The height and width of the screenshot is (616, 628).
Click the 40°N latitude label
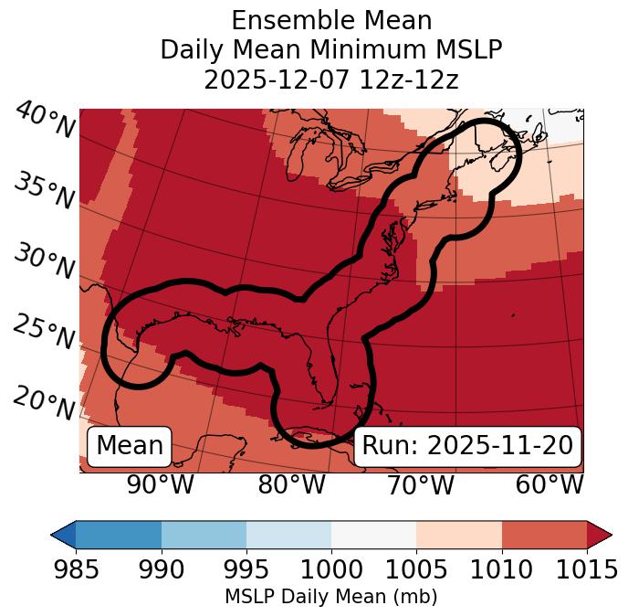pos(43,121)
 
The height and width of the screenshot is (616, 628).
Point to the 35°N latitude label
pos(43,191)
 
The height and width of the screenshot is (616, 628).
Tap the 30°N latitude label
pos(43,262)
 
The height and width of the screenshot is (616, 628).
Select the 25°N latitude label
pos(43,333)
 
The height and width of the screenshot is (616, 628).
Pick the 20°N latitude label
pos(43,402)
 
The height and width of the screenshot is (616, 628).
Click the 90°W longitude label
pos(161,485)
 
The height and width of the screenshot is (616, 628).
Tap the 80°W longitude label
pos(291,485)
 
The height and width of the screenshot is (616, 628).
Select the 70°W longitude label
pos(421,485)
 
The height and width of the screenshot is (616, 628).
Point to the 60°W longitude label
pos(549,485)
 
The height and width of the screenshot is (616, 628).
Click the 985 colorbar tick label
pos(76,570)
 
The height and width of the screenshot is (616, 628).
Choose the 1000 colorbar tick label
pos(331,570)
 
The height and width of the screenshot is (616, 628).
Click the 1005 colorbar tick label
pos(416,570)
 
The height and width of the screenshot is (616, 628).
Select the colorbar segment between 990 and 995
pos(204,535)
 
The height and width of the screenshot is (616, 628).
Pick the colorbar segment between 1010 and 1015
pos(544,535)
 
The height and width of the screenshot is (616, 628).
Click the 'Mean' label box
pos(130,446)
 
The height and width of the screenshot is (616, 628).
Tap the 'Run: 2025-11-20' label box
pos(467,446)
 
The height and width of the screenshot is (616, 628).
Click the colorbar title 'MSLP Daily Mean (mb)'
pos(330,597)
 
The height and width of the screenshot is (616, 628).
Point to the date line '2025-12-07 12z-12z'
pos(330,80)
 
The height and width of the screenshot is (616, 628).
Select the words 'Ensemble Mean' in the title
pos(330,20)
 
